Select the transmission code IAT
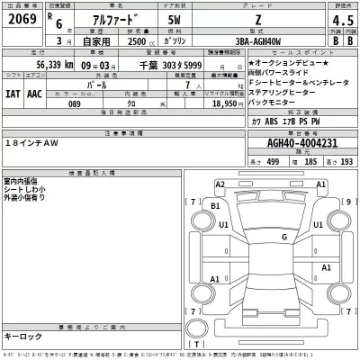pyautogui.click(x=14, y=93)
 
